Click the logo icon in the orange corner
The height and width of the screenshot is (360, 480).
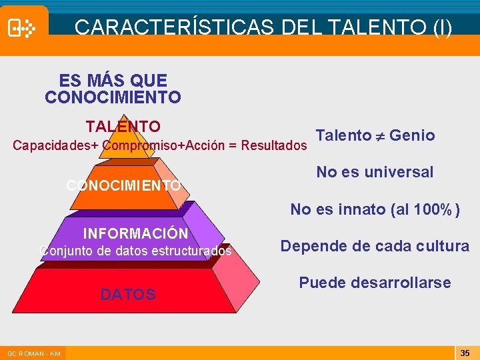(22, 28)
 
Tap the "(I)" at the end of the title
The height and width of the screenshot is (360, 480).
(442, 27)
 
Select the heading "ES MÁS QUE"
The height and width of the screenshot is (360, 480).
(113, 81)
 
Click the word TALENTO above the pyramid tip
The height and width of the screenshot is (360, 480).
(123, 127)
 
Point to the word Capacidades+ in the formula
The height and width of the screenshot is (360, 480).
(56, 145)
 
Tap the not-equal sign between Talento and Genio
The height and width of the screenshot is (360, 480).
(381, 136)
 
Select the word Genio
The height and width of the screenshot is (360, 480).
(412, 136)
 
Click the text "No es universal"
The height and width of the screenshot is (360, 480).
(375, 172)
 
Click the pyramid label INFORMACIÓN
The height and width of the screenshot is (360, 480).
(135, 234)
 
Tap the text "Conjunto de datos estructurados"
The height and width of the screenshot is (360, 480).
(136, 251)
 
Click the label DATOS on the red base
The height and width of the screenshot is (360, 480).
(128, 294)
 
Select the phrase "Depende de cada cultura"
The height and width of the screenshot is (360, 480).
(375, 246)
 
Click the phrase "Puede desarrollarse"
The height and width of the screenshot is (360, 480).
(375, 283)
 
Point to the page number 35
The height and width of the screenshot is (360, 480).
(465, 352)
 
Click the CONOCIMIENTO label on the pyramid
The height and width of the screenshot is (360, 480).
(123, 185)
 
